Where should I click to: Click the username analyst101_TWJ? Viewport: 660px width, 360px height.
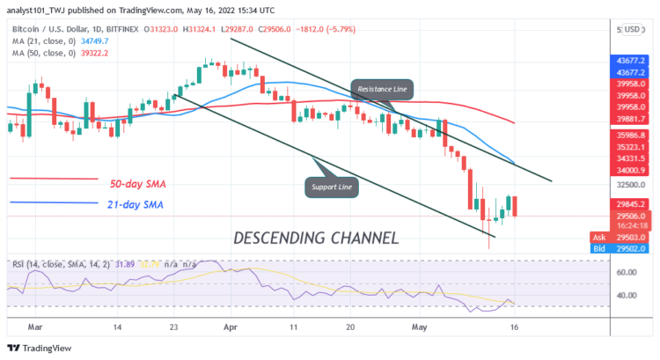tap(43, 10)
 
